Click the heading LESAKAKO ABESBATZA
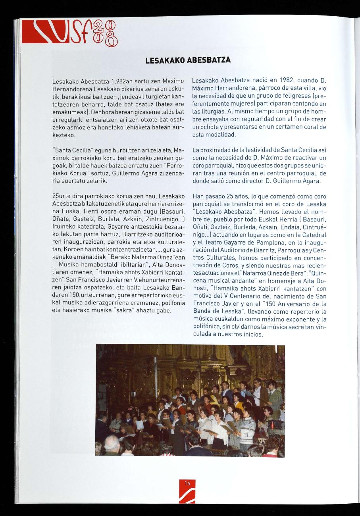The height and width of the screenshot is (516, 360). pyautogui.click(x=188, y=60)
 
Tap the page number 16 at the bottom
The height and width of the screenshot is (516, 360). pyautogui.click(x=187, y=483)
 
